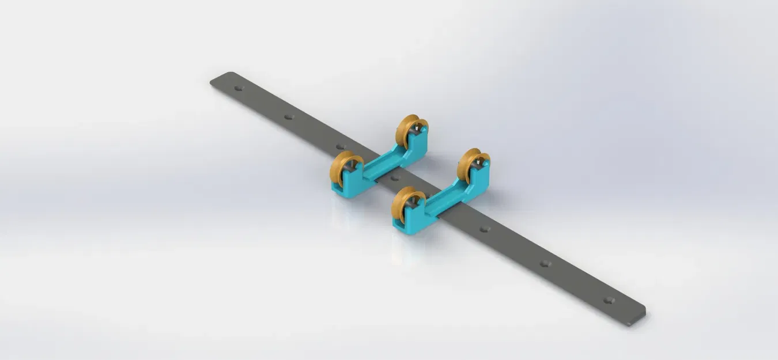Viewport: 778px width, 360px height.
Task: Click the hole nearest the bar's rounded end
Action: click(x=239, y=88)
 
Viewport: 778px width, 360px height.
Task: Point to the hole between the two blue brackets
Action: click(x=395, y=178)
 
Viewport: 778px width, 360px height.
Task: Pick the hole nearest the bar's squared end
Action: click(x=609, y=300)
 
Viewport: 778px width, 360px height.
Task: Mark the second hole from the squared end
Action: click(x=545, y=264)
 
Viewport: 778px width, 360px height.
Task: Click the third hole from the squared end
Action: click(x=485, y=229)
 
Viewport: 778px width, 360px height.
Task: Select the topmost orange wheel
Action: click(x=410, y=130)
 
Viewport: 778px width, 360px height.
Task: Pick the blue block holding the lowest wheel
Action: click(x=413, y=222)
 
